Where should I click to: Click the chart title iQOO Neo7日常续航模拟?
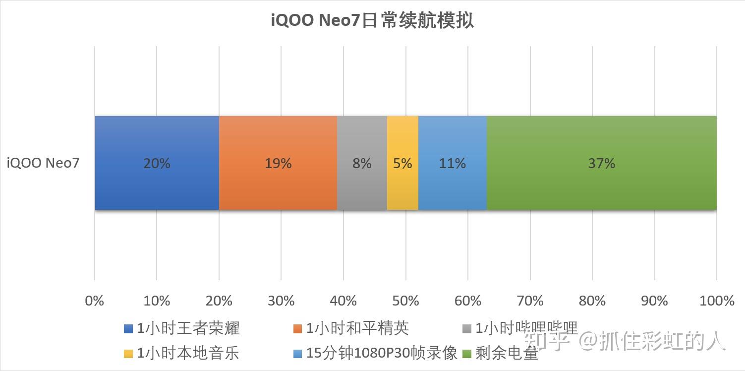[x=372, y=21]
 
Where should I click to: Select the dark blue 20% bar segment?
[x=157, y=163]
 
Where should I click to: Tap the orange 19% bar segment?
[x=278, y=163]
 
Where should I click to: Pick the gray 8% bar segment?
[x=362, y=163]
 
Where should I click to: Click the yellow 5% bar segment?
[x=402, y=163]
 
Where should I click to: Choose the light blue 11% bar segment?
[x=452, y=163]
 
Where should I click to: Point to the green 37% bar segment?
[x=601, y=163]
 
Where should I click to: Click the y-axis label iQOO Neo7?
[x=43, y=163]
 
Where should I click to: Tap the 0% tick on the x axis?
[x=95, y=301]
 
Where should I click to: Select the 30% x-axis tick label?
[x=281, y=301]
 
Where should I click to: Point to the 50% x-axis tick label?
[x=406, y=301]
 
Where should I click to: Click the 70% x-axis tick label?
[x=530, y=301]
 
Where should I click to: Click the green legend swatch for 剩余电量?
[x=467, y=354]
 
